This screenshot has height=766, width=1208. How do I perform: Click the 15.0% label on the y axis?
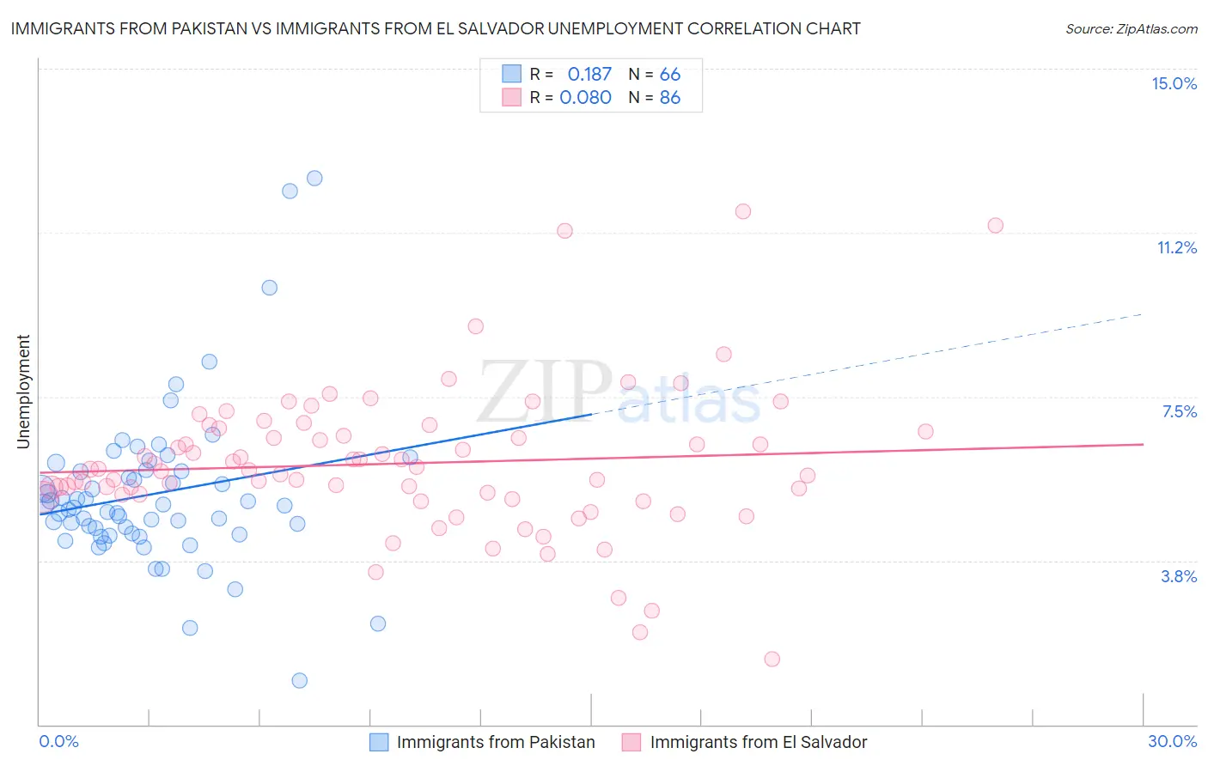coord(1174,83)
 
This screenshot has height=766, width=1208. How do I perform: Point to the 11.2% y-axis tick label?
coord(1176,247)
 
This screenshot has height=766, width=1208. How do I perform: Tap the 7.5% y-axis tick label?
coord(1179,411)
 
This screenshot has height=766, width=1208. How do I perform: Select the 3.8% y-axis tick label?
coord(1179,576)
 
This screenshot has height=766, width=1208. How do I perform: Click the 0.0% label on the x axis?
coord(58,741)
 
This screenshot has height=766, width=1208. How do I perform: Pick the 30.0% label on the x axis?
coord(1172,741)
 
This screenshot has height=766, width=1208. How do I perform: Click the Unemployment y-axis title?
coord(23,392)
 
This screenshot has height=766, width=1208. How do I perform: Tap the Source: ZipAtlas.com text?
coord(1131,28)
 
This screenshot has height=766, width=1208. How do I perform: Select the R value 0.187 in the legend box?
coord(589,74)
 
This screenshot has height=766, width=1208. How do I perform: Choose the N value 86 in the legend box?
coord(669,97)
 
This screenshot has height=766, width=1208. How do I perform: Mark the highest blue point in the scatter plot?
coord(314,178)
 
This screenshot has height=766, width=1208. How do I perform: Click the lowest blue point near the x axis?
coord(299,680)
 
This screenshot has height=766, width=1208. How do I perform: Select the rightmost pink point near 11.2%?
coord(995,225)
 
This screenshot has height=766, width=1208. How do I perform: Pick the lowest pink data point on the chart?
coord(772,659)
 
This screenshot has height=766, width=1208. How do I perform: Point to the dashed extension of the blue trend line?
coord(868,364)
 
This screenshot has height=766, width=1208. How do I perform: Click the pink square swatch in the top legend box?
coord(511,97)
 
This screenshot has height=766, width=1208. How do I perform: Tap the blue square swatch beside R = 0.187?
coord(511,74)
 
